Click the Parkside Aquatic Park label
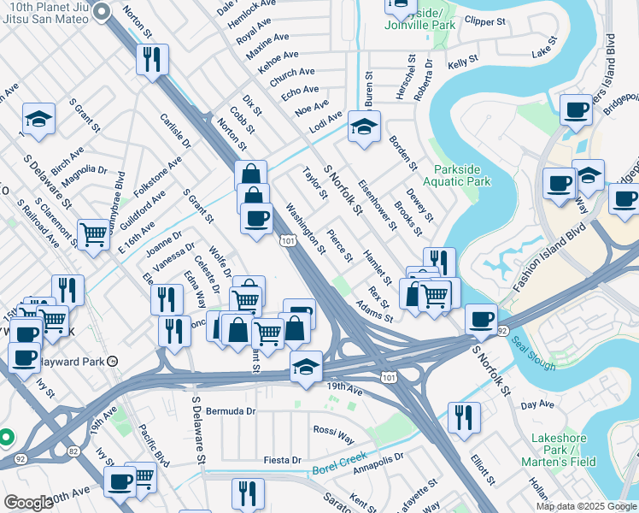(x=461, y=175)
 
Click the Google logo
(x=28, y=503)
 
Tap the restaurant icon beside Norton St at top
(x=153, y=60)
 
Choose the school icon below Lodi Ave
(x=364, y=129)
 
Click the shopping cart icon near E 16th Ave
(x=93, y=233)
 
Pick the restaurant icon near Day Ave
(x=463, y=417)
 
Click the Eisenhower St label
(x=377, y=205)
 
